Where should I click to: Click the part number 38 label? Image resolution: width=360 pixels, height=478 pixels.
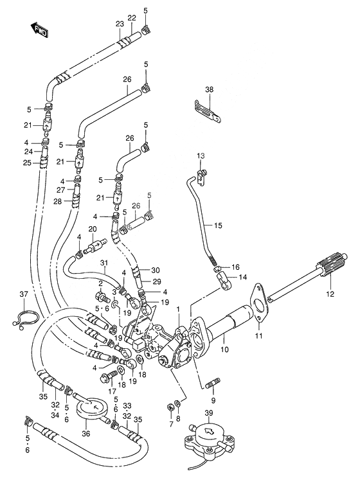click(210, 90)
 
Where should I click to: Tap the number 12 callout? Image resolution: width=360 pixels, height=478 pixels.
click(330, 294)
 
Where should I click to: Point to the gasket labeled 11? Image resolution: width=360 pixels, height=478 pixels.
click(258, 303)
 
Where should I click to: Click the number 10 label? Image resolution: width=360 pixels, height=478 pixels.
click(224, 349)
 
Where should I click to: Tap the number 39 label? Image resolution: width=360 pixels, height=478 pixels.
click(209, 412)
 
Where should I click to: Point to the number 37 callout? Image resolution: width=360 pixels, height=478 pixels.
click(24, 294)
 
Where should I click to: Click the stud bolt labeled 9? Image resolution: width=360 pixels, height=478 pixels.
click(213, 383)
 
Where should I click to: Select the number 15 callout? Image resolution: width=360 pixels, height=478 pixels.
click(218, 226)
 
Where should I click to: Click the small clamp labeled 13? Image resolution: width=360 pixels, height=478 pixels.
click(202, 177)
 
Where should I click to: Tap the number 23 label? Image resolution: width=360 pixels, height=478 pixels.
click(120, 24)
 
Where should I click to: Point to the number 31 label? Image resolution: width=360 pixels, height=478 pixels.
click(104, 263)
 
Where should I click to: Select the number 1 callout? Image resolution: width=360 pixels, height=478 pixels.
click(179, 309)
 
